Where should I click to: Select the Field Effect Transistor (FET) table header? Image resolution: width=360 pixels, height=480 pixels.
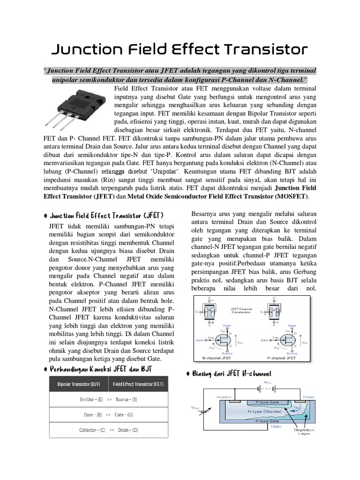coord(139,384)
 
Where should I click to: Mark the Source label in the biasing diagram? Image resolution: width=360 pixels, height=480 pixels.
coord(224,397)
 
